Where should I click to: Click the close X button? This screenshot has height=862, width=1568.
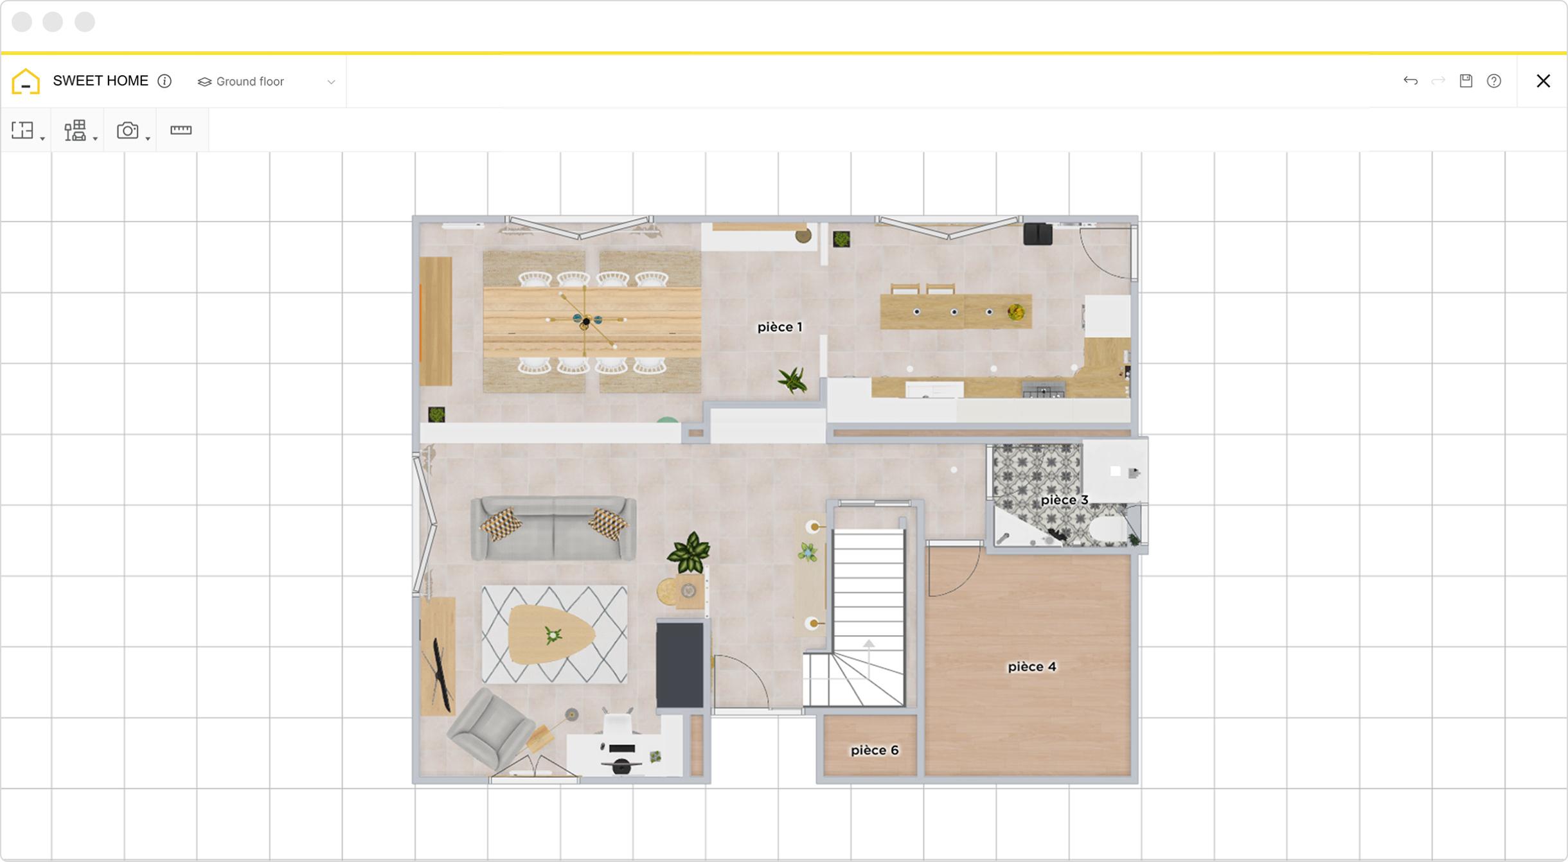[x=1543, y=81]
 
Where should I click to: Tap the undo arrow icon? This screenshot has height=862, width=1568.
[x=1411, y=81]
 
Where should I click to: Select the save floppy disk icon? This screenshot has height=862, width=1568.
[x=1466, y=81]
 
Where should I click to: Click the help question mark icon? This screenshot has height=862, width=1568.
[x=1494, y=81]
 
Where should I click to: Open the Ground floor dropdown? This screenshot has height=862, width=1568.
[x=267, y=82]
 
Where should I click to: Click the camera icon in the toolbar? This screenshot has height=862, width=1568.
[x=127, y=130]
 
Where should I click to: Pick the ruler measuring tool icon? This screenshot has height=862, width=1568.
[x=181, y=130]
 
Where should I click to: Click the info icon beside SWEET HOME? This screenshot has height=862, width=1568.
[x=165, y=81]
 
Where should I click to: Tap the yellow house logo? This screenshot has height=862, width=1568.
[x=26, y=82]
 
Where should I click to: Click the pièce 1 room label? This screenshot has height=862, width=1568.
[x=780, y=327]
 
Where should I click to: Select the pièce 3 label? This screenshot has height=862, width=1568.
[x=1064, y=500]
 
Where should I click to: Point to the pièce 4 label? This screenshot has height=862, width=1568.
[x=1031, y=667]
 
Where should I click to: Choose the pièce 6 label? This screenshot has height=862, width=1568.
[x=875, y=750]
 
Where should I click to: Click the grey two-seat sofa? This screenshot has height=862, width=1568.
[x=553, y=528]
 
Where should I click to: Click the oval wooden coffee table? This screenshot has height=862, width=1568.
[x=551, y=635]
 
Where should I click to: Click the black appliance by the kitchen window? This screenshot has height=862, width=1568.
[x=1038, y=234]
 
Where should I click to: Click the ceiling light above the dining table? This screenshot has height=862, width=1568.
[x=585, y=320]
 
